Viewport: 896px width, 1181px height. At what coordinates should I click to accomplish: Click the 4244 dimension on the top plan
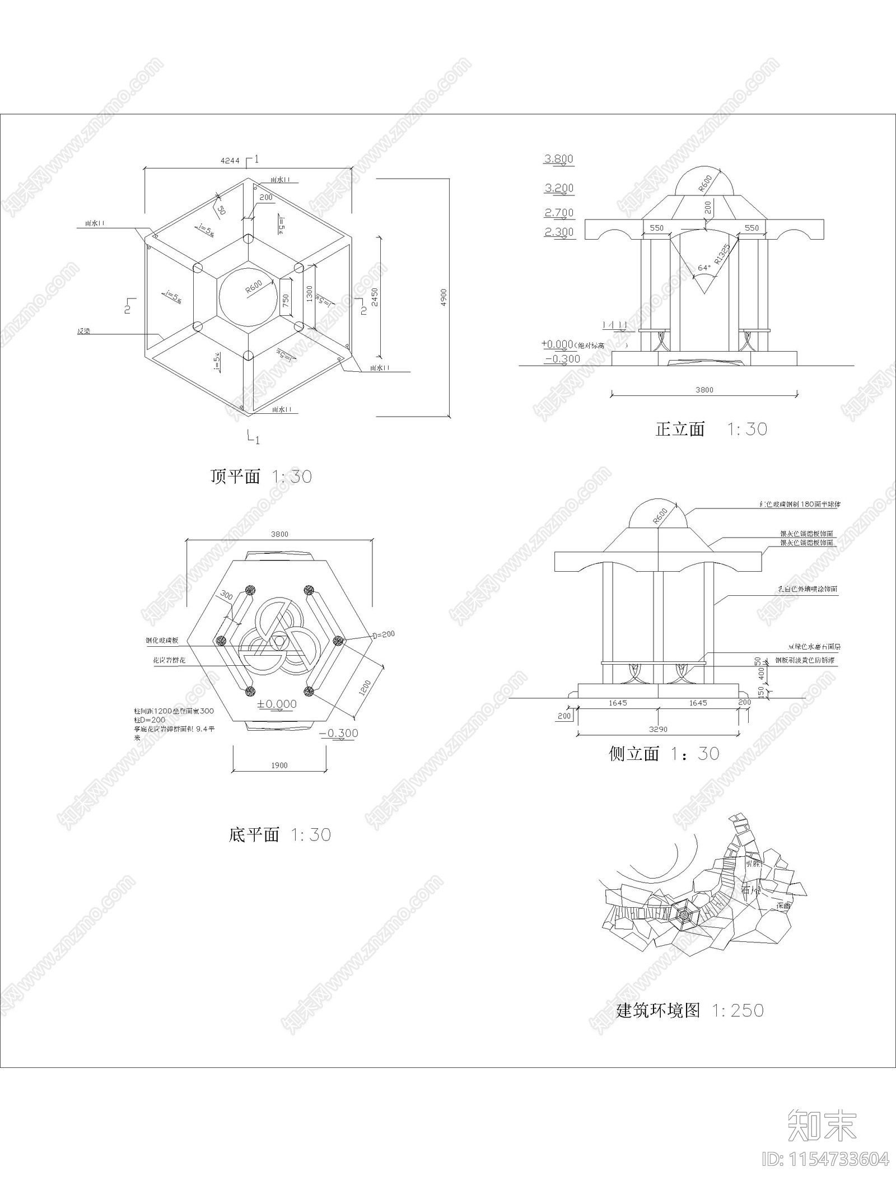(229, 161)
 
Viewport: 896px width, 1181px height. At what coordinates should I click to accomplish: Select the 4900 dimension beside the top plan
(444, 297)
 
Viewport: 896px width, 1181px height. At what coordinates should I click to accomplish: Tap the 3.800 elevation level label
(558, 159)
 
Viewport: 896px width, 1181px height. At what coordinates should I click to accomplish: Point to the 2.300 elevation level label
(558, 232)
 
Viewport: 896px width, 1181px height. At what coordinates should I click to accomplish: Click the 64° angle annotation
(704, 268)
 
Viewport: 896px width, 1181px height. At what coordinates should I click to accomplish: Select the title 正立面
(680, 430)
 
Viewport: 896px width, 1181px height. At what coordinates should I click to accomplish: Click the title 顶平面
(235, 477)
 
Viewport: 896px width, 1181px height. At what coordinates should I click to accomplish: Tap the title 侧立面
(634, 754)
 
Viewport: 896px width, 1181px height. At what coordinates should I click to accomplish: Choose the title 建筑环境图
(658, 1010)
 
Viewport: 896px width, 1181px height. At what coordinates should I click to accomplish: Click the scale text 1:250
(738, 1010)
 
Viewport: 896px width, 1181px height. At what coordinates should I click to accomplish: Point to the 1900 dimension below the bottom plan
(279, 765)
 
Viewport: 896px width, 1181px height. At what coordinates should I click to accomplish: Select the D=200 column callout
(384, 634)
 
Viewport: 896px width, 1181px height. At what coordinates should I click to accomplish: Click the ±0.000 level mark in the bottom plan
(278, 704)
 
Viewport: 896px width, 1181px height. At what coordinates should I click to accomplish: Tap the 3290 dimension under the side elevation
(658, 729)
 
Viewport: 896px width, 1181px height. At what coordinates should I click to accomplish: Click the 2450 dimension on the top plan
(375, 297)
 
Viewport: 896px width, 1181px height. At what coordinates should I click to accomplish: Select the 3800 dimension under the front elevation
(704, 390)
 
